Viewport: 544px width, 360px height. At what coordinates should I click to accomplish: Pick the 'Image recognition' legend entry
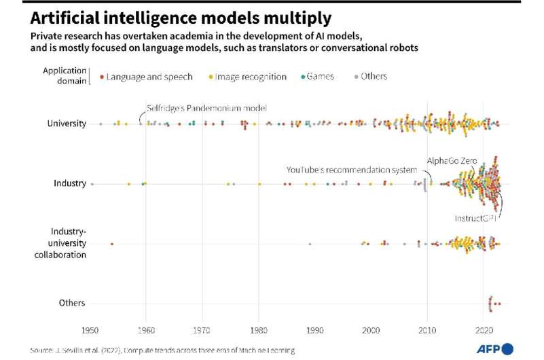[251, 77]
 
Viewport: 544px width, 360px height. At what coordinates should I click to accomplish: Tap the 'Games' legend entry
[320, 76]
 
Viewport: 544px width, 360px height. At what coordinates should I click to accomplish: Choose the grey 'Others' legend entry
[373, 76]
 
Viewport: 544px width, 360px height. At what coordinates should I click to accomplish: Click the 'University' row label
[67, 124]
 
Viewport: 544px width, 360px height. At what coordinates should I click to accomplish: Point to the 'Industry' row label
[70, 183]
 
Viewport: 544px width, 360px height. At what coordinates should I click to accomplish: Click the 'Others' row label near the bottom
[72, 303]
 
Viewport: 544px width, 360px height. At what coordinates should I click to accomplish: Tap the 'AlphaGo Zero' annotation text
[452, 161]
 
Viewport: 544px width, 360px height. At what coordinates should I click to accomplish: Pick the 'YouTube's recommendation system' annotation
[351, 170]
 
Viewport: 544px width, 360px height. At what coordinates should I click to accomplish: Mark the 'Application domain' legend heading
[66, 75]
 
